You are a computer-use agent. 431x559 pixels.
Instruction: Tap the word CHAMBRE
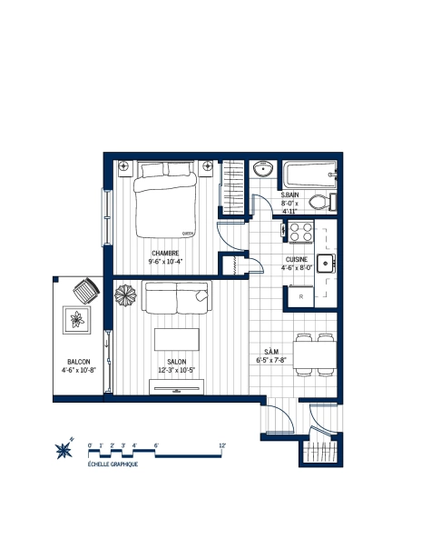pyautogui.click(x=165, y=253)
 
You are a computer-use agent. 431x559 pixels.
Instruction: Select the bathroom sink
pyautogui.click(x=265, y=170)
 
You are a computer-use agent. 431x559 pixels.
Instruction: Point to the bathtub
pyautogui.click(x=309, y=173)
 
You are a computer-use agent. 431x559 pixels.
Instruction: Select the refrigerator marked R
pyautogui.click(x=300, y=295)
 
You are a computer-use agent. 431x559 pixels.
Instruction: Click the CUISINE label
pyautogui.click(x=297, y=259)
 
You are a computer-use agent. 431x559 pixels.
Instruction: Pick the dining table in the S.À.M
pyautogui.click(x=312, y=353)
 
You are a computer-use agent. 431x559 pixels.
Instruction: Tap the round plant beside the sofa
pyautogui.click(x=124, y=297)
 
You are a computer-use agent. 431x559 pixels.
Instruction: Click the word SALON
pyautogui.click(x=176, y=361)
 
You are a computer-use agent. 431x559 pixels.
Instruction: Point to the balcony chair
pyautogui.click(x=86, y=290)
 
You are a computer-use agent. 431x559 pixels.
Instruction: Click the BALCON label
pyautogui.click(x=78, y=362)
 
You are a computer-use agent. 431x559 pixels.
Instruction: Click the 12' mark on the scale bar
pyautogui.click(x=222, y=444)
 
